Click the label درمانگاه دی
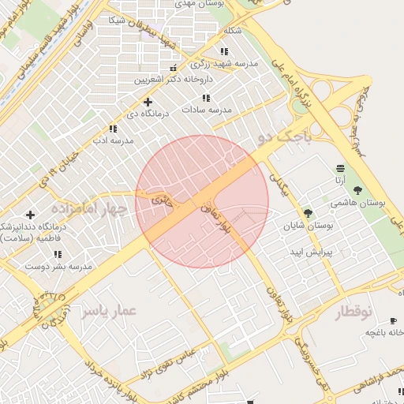(x=148, y=114)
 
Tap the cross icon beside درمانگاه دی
(x=148, y=102)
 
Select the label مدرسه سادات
(x=207, y=110)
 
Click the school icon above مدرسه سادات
(x=206, y=98)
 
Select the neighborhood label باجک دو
(x=285, y=137)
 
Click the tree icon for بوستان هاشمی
(x=358, y=190)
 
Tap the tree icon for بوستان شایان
(x=308, y=213)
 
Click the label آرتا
(x=340, y=181)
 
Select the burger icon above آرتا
(x=340, y=168)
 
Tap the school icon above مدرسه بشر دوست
(x=58, y=254)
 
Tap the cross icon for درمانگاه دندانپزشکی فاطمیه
(x=30, y=215)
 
